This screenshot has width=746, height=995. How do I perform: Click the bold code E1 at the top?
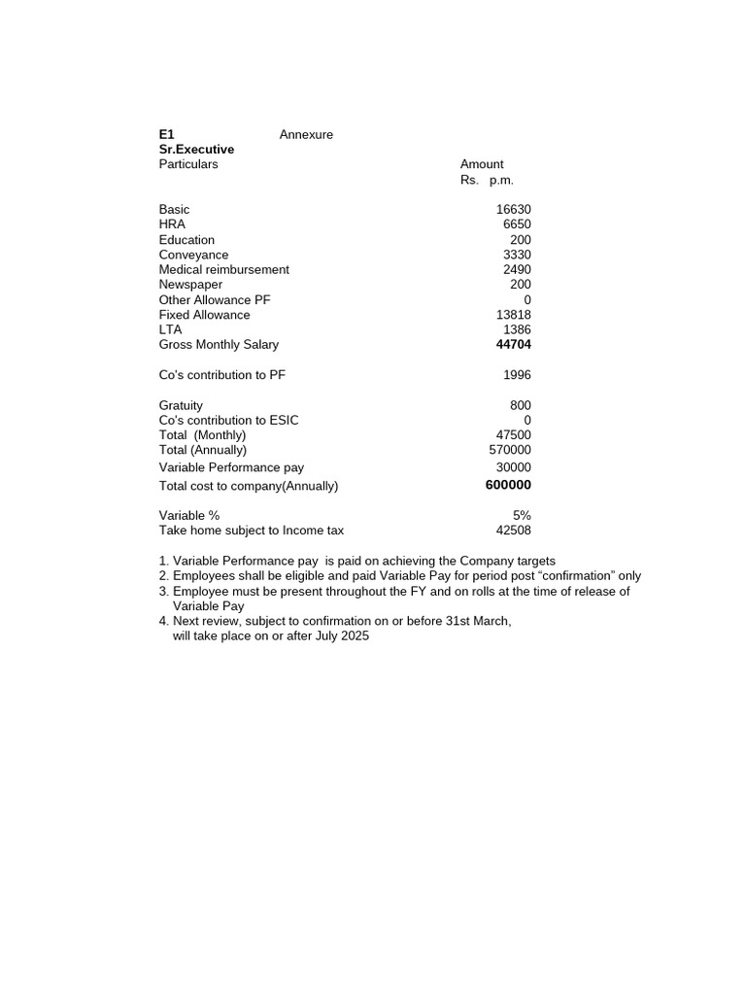pos(167,135)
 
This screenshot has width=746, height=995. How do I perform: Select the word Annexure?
pos(306,135)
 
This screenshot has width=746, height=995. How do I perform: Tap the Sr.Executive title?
pos(196,150)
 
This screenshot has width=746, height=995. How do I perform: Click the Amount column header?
pos(482,164)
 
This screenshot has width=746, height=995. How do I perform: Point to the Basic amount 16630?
pos(513,210)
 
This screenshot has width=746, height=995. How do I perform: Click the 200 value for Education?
pos(520,240)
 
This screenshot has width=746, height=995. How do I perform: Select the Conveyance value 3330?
pos(517,255)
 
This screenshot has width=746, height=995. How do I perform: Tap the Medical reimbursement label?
pos(223,269)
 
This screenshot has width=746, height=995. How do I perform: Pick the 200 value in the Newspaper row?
pos(520,285)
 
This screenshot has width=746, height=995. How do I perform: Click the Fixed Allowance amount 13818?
pos(513,315)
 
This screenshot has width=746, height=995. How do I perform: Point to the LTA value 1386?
pos(517,330)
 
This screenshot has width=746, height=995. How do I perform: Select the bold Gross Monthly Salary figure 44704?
pos(513,345)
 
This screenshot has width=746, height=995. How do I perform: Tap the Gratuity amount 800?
pos(520,405)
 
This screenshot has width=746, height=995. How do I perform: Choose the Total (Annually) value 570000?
pos(510,450)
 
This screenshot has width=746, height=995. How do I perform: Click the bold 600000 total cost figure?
pos(508,485)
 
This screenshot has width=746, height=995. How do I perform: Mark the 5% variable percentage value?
pos(522,515)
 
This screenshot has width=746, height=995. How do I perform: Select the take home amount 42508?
pos(513,531)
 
